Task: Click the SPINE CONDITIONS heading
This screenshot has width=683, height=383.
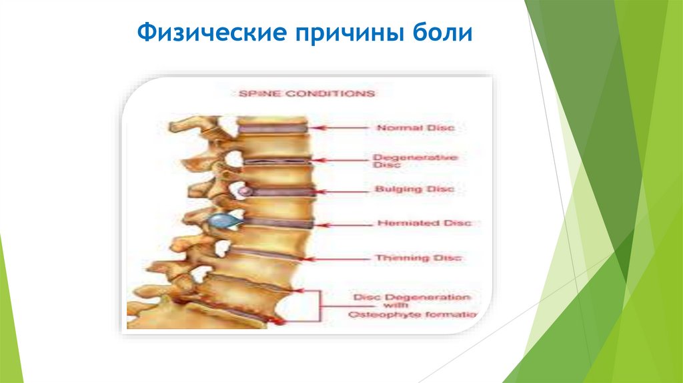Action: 306,94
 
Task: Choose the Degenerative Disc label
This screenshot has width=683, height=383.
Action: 415,161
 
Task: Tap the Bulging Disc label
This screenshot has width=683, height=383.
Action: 414,189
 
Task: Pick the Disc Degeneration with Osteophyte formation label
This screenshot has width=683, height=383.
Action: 412,305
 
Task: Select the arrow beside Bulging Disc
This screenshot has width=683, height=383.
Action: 344,190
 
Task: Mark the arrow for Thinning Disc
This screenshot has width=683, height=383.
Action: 341,258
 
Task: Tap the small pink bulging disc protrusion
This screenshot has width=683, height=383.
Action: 245,191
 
